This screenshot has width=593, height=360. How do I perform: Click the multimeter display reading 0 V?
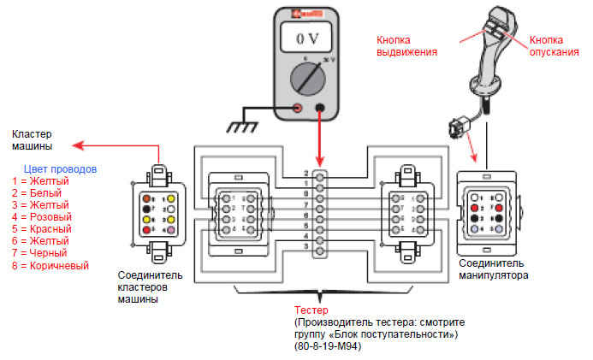[308, 39]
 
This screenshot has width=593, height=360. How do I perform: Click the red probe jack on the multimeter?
[296, 109]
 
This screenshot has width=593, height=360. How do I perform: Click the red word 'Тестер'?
[306, 310]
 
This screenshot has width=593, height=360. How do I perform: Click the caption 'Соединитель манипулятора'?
[495, 269]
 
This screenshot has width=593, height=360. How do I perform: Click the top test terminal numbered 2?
[319, 174]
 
